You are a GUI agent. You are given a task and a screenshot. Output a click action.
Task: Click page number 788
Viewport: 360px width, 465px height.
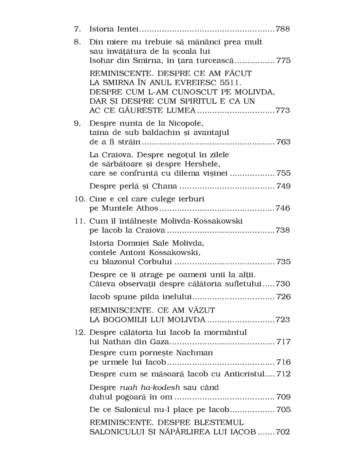click(x=283, y=29)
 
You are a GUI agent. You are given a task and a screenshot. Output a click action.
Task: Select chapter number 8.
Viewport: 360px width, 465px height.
click(x=77, y=42)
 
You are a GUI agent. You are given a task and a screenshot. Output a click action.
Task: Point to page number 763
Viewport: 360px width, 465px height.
click(x=283, y=142)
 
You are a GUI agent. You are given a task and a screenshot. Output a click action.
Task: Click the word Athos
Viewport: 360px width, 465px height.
click(x=146, y=208)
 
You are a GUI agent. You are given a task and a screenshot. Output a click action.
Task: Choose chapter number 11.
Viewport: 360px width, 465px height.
click(x=79, y=221)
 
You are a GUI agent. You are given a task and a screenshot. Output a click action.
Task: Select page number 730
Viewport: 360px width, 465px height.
click(x=283, y=284)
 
